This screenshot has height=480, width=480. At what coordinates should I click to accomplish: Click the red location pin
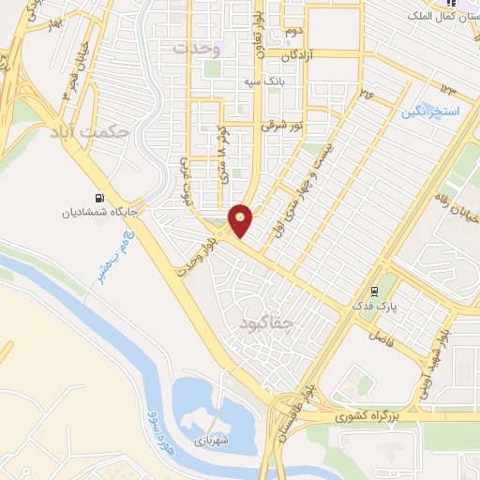coord(242,220)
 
